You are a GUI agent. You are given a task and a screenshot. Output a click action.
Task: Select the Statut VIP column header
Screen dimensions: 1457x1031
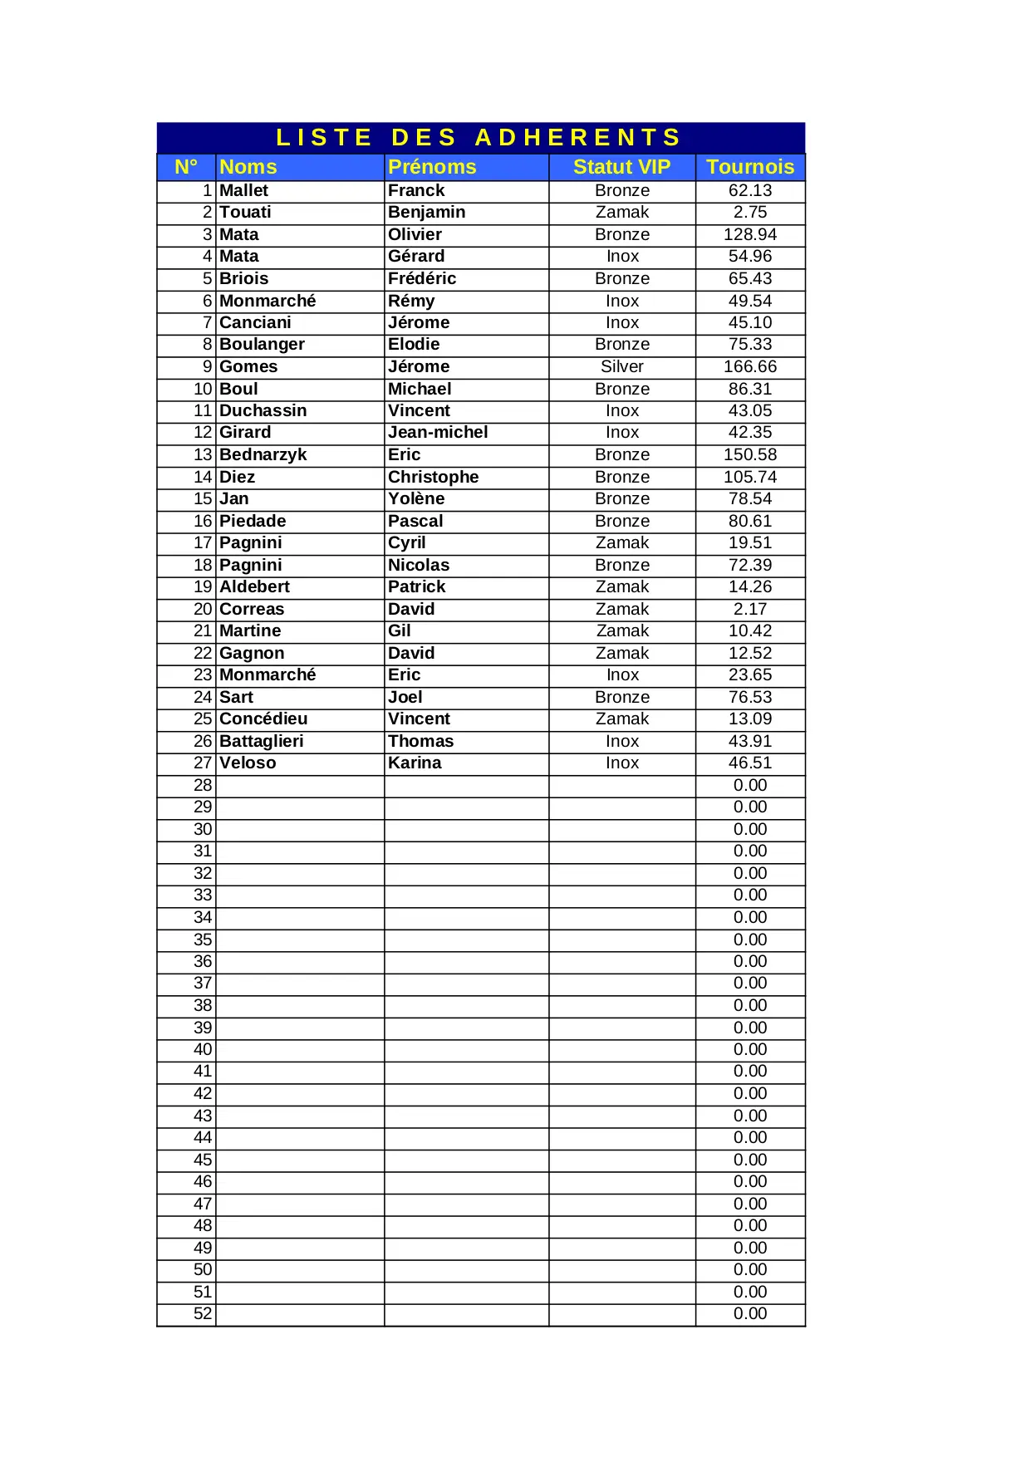(621, 167)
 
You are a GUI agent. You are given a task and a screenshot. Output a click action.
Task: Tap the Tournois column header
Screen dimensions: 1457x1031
(749, 167)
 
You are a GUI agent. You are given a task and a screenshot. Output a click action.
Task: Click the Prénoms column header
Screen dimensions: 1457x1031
(432, 167)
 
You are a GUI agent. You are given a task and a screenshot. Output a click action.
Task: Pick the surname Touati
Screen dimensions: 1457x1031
(245, 213)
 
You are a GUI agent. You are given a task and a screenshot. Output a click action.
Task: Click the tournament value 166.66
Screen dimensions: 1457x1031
(749, 367)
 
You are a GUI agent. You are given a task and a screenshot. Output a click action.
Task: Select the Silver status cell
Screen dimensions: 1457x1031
(621, 367)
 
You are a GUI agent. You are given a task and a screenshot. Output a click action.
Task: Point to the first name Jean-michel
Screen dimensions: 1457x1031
(438, 433)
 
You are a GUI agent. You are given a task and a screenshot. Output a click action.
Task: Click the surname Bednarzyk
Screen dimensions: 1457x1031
(263, 455)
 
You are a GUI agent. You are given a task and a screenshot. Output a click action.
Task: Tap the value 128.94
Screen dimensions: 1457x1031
(749, 235)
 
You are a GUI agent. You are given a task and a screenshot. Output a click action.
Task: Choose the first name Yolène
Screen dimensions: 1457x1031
(416, 499)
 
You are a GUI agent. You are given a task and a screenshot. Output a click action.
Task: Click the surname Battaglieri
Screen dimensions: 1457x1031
(261, 742)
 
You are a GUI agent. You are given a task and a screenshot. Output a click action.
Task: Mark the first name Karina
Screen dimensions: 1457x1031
(415, 763)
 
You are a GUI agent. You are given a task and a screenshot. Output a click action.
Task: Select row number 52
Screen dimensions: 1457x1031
(203, 1314)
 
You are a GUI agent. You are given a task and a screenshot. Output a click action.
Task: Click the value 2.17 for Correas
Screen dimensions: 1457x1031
(749, 610)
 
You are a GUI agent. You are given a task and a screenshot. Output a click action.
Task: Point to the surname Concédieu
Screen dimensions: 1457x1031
(263, 719)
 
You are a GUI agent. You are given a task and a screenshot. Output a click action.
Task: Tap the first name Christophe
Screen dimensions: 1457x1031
(433, 478)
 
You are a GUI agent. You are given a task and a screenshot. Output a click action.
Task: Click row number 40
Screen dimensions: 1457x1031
(203, 1050)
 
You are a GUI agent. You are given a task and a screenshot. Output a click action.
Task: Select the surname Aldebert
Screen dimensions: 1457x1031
(254, 587)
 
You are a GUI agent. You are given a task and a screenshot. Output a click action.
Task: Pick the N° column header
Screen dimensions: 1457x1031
(186, 167)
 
